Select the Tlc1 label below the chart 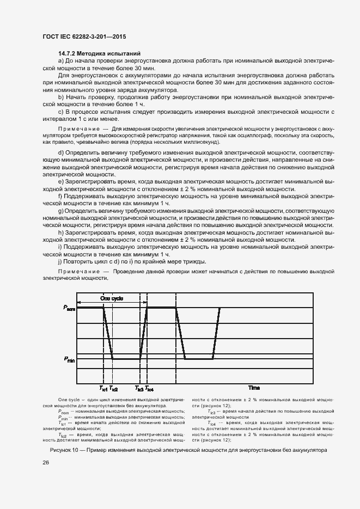point(103,389)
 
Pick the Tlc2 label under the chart point(113,389)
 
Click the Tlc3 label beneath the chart point(139,389)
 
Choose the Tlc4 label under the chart point(149,389)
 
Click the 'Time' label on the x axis point(254,388)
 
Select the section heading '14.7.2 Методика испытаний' point(100,54)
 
